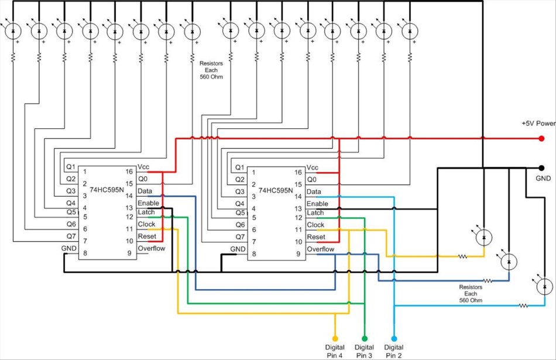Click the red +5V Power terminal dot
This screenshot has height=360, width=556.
pos(541,139)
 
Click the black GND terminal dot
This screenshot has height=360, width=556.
pos(541,167)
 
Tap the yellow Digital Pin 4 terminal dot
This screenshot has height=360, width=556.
pos(335,338)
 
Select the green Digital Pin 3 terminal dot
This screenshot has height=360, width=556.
pos(364,338)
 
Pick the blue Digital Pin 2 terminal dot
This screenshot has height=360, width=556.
pos(393,338)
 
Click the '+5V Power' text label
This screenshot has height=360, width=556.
pos(538,124)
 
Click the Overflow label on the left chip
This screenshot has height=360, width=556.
pos(152,248)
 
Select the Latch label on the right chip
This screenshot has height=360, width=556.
pos(315,213)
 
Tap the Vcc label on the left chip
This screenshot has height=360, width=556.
pos(144,167)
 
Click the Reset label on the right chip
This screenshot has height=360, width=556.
pos(316,237)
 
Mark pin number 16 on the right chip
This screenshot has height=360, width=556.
pos(298,173)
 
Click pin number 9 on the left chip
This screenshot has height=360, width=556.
pos(129,253)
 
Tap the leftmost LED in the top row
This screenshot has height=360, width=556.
pos(13,31)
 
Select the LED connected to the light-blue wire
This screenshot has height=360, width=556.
pos(544,287)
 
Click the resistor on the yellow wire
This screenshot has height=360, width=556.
pos(463,256)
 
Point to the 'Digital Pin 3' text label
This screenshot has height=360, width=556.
pos(364,351)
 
